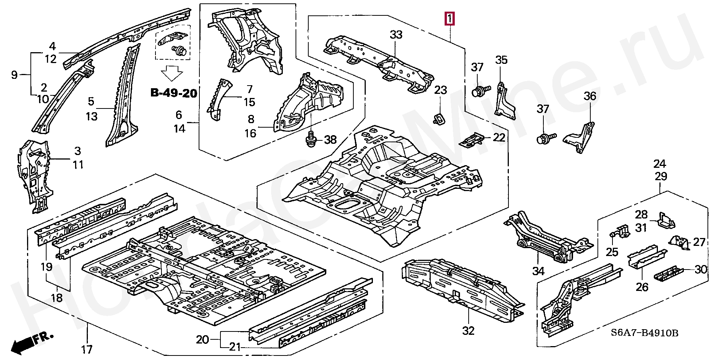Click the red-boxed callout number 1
(449, 18)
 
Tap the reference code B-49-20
(173, 93)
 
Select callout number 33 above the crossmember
(396, 35)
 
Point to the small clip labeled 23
(439, 117)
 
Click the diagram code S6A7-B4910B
(644, 333)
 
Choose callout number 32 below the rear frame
(468, 331)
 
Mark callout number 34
(538, 271)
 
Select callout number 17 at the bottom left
(87, 349)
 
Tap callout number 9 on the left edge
(14, 75)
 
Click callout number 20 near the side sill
(202, 340)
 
